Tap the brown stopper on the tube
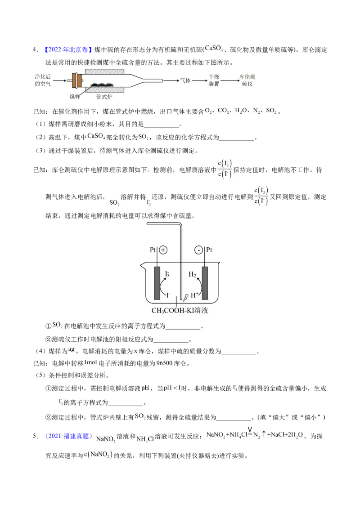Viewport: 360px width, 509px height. click(x=79, y=80)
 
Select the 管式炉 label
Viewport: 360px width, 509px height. click(x=104, y=97)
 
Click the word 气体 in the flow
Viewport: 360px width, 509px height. click(x=185, y=80)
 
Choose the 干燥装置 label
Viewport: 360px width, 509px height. click(x=214, y=80)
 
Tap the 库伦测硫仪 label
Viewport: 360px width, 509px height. click(x=248, y=80)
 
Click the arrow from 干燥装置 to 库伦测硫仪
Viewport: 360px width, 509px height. click(x=229, y=80)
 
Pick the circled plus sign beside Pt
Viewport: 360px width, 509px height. click(x=163, y=250)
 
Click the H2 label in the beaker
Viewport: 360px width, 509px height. click(x=192, y=274)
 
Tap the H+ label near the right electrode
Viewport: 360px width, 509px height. click(x=195, y=295)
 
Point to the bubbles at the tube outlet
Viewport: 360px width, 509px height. click(x=185, y=296)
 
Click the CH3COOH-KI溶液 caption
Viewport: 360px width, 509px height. click(x=180, y=310)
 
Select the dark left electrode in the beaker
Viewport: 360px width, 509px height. click(x=157, y=283)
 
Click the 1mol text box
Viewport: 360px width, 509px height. click(x=91, y=362)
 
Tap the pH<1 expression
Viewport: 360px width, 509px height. click(x=173, y=388)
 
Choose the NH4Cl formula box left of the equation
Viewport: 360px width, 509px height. click(x=145, y=439)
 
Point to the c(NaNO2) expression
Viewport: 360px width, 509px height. click(x=99, y=455)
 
